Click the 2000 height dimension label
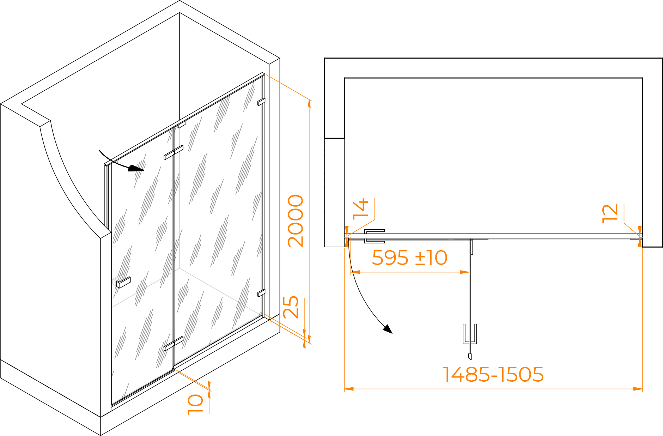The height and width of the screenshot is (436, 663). click(x=296, y=221)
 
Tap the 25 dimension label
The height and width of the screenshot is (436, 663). click(x=291, y=307)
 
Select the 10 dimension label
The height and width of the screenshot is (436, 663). click(x=195, y=405)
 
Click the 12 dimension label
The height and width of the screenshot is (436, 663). click(x=610, y=213)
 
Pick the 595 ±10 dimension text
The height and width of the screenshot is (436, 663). click(x=410, y=258)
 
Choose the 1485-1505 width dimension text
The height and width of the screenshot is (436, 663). click(x=493, y=374)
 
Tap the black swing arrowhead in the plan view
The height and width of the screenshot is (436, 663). click(x=388, y=329)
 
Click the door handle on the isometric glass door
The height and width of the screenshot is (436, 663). click(x=123, y=282)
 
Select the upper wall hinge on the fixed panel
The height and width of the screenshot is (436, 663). click(x=261, y=102)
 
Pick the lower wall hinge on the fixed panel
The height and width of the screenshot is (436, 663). click(x=261, y=293)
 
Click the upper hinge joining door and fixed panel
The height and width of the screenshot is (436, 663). click(x=174, y=152)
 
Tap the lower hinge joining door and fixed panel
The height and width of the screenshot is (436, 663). click(x=174, y=344)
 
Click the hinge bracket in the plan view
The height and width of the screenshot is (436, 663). click(x=374, y=236)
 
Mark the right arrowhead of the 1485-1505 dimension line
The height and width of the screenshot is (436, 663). click(x=638, y=389)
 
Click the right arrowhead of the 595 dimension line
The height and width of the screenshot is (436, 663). click(x=465, y=272)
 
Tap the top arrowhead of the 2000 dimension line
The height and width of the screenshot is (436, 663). click(x=309, y=103)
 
